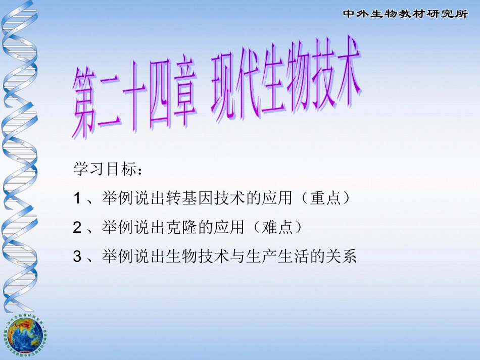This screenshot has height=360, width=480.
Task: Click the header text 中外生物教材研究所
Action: (405, 14)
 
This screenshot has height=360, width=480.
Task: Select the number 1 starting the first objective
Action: (77, 198)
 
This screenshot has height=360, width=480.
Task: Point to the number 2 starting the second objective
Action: (77, 228)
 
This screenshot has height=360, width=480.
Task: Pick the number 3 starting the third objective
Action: (77, 257)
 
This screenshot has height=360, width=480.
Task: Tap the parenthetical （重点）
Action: (323, 198)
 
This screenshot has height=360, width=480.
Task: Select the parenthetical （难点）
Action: (278, 228)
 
